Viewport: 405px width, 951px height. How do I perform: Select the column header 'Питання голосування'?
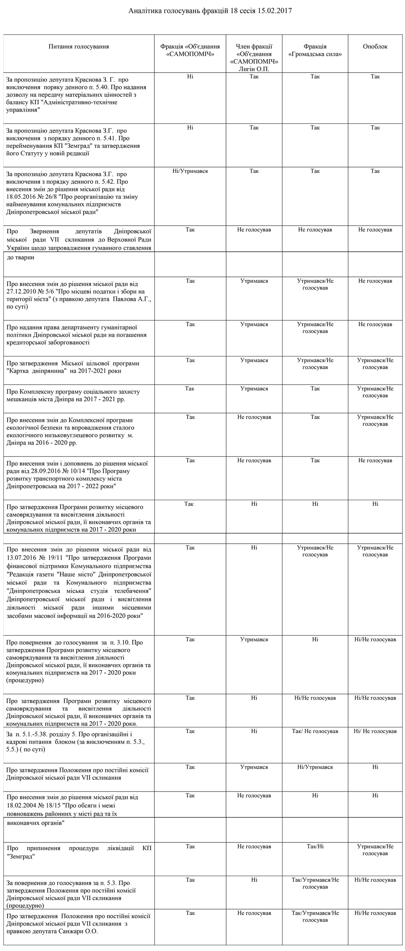[79, 47]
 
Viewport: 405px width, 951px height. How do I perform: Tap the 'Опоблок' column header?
[375, 47]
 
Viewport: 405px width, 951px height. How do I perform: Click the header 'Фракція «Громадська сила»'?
[315, 50]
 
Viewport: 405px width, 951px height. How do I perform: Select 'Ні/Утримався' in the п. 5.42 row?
[190, 171]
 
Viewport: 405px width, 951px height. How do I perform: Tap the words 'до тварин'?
[21, 257]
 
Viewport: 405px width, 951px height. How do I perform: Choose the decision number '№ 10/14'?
[74, 471]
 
